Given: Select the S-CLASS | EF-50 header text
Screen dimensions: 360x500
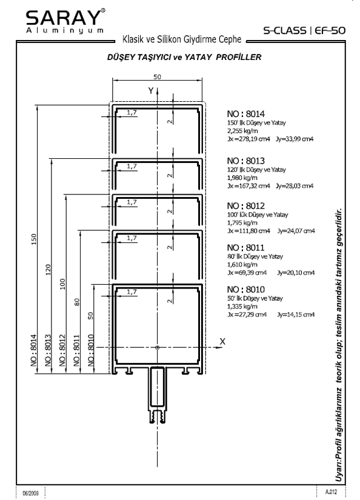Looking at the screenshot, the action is pos(304,30).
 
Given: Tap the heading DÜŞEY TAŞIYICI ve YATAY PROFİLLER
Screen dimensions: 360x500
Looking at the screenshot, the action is pos(184,58).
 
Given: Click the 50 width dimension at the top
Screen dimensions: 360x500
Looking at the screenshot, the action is pos(157,77).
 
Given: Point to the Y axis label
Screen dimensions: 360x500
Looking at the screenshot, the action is pos(151,91).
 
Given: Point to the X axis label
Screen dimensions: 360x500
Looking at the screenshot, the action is pos(222,342).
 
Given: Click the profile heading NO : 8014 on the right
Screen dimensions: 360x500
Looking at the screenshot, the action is pos(246,114).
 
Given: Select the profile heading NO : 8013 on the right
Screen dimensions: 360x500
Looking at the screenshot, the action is pos(246,161).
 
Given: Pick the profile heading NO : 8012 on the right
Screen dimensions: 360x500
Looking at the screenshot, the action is pos(246,205).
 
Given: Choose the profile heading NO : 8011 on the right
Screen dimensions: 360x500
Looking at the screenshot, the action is pos(246,248).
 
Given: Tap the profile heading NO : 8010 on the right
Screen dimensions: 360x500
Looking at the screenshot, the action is pos(246,290).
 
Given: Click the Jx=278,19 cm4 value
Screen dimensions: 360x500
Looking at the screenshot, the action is pos(248,139).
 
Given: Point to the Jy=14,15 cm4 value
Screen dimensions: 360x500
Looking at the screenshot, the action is pos(296,315).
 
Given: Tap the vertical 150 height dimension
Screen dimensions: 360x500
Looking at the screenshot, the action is pos(34,239).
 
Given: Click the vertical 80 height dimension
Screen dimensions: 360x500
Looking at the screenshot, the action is pos(77,302).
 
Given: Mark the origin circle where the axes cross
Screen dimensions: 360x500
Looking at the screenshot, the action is pos(157,348).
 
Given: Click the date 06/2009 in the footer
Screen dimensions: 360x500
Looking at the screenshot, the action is pos(31,493).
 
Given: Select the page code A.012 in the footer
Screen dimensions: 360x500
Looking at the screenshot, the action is pos(331,492).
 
